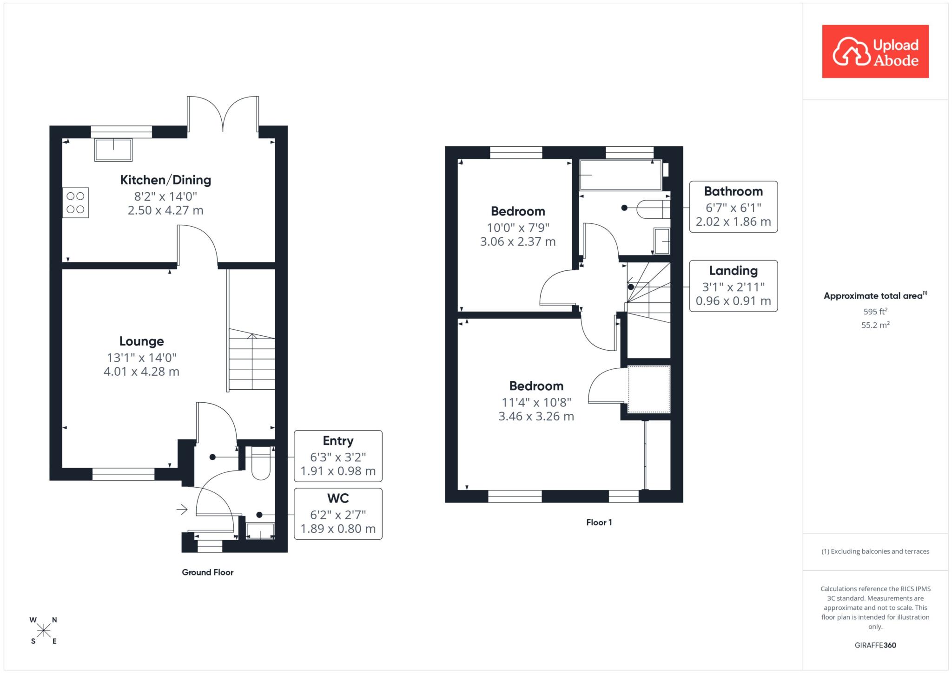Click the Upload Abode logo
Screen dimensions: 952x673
pos(875,52)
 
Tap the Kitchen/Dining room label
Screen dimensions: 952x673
pos(165,180)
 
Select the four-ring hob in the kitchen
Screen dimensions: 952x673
pos(75,203)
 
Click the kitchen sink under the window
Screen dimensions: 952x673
pos(113,150)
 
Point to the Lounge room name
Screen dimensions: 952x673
pos(142,341)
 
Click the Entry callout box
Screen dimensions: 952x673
pos(338,456)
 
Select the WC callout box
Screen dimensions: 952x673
pos(338,514)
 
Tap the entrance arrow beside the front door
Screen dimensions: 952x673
pos(182,510)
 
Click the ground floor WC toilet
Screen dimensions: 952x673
pos(261,463)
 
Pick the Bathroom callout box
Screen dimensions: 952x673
pos(733,207)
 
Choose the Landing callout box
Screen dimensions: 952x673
pos(733,286)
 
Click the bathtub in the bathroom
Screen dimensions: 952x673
pos(621,175)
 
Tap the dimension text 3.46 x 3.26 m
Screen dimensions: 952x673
pos(536,417)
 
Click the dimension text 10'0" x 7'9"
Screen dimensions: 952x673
pos(518,228)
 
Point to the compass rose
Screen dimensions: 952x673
pos(44,630)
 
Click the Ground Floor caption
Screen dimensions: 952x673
pos(208,572)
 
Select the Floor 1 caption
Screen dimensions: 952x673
pos(599,523)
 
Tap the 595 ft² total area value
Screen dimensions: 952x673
pos(875,312)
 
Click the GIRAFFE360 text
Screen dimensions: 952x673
pos(875,645)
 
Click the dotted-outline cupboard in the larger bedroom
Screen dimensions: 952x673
pos(649,389)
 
